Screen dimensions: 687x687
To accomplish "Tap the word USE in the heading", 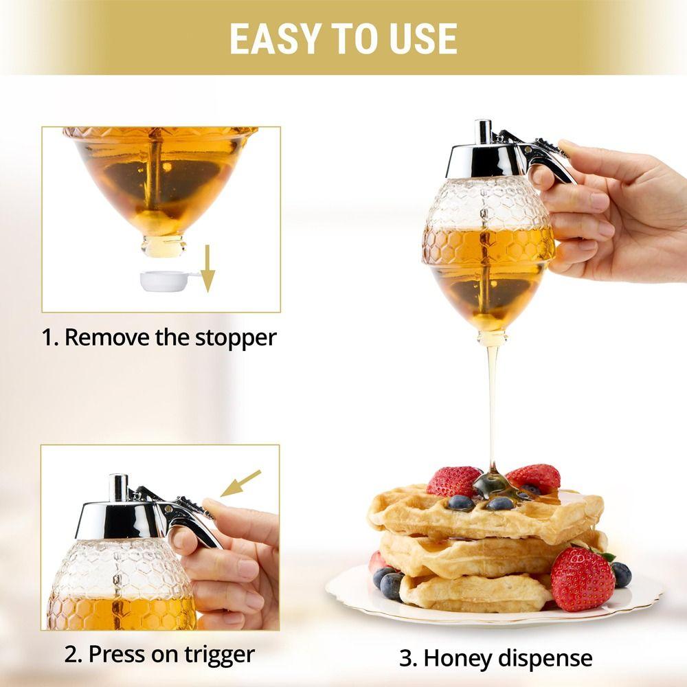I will tap(423, 38).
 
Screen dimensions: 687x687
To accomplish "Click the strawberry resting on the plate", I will tap(583, 578).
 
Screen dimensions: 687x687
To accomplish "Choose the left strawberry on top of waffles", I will tap(453, 481).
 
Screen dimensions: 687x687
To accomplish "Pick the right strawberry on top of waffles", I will tap(534, 477).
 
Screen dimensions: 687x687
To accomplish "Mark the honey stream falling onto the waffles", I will tap(492, 405).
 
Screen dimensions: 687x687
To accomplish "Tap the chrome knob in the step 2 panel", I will tap(119, 487).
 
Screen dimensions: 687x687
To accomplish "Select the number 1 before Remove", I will tap(48, 337).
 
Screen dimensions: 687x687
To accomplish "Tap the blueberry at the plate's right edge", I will tap(621, 574).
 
